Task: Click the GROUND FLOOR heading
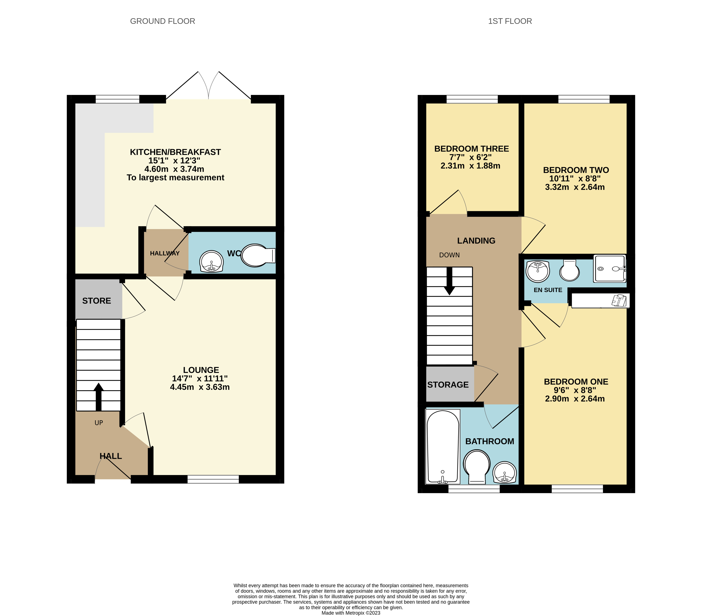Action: (163, 21)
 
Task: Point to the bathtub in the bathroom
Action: (443, 447)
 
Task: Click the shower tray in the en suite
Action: (610, 268)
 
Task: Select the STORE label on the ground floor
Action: (96, 301)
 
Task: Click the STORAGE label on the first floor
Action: (448, 385)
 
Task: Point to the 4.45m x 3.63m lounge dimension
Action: (200, 387)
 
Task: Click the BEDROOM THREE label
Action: (472, 149)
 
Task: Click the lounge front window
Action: (213, 479)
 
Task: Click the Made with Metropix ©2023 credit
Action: (351, 613)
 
